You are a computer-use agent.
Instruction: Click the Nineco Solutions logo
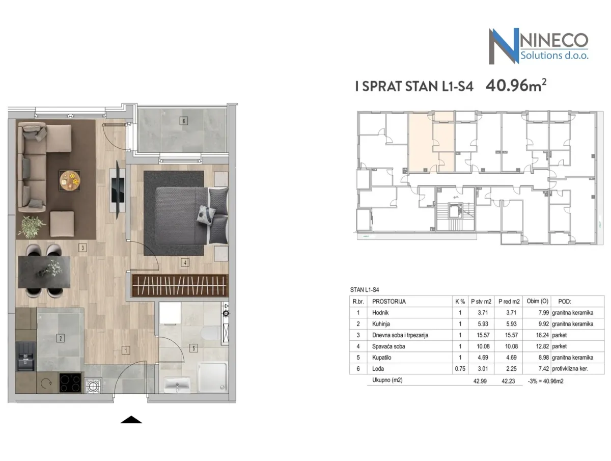(538, 46)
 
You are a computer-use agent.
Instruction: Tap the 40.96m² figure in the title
(516, 85)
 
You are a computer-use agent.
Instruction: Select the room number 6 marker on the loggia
(183, 121)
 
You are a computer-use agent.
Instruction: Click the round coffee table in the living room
(70, 180)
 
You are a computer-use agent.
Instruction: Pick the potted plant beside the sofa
(32, 227)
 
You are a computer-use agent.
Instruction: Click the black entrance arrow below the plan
(131, 420)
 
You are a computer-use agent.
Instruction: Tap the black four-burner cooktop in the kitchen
(70, 383)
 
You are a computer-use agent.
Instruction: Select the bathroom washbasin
(177, 385)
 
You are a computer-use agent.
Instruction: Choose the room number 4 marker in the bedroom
(185, 262)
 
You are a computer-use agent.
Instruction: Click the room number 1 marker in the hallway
(126, 350)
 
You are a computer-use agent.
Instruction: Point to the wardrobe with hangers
(180, 285)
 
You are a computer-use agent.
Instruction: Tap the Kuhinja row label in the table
(381, 324)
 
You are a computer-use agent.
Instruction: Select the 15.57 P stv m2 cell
(483, 335)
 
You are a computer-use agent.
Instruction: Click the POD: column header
(565, 302)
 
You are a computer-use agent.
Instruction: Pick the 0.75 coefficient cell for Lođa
(460, 369)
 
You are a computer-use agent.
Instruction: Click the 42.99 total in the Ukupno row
(480, 381)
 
